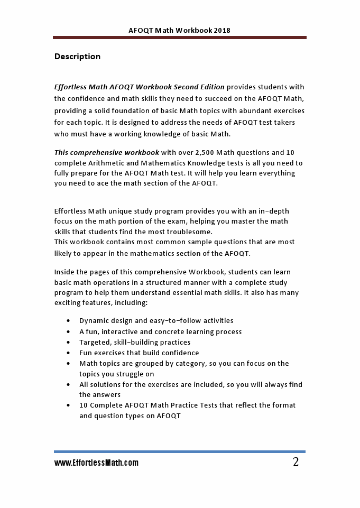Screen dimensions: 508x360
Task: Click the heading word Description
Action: click(77, 57)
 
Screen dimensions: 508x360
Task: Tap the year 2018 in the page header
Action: click(222, 31)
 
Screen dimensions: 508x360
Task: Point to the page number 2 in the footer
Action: click(296, 463)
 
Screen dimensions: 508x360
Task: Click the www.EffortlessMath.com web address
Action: click(96, 463)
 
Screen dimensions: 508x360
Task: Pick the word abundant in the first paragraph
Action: click(257, 111)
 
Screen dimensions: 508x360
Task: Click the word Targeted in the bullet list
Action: click(94, 342)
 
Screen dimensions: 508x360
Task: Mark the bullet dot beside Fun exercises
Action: click(69, 353)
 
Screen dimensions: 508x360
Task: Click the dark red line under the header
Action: click(180, 38)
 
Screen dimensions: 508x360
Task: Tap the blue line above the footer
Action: click(180, 452)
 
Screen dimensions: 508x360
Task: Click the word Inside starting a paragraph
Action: click(65, 272)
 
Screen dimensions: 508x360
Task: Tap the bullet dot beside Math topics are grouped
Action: click(69, 363)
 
